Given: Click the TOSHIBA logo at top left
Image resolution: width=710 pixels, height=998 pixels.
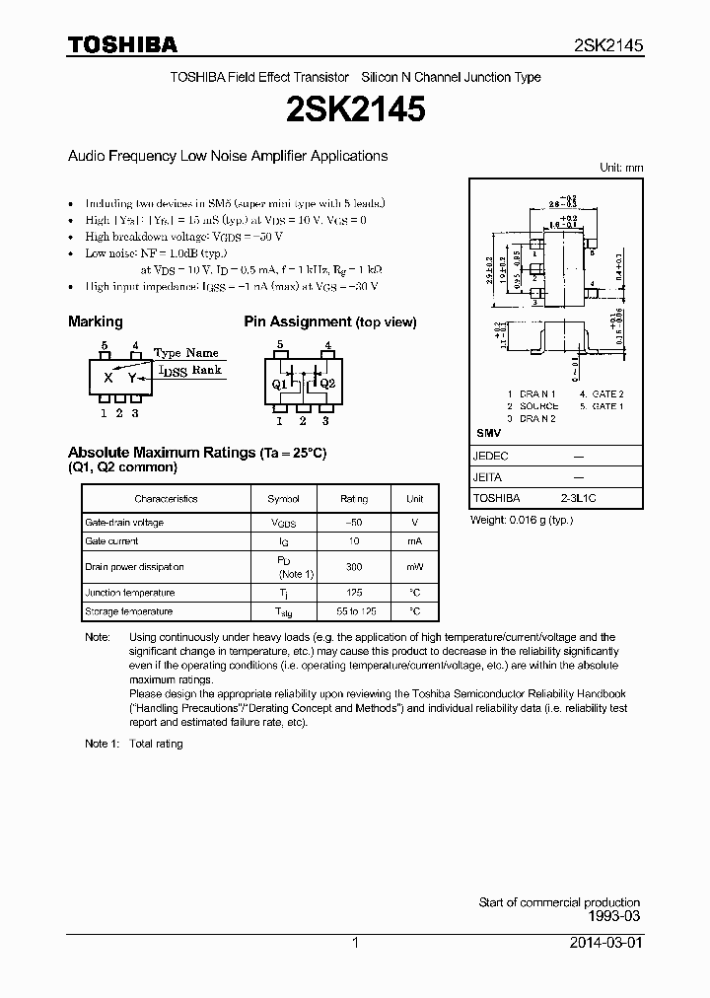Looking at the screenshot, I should click(122, 44).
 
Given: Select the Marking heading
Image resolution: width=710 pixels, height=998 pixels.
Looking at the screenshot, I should click(95, 321).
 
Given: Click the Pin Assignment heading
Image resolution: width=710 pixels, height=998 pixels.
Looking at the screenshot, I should click(329, 321).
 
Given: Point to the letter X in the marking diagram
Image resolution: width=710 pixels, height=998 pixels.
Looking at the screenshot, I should click(108, 378).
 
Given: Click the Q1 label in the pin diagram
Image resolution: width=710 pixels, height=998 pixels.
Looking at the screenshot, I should click(279, 384).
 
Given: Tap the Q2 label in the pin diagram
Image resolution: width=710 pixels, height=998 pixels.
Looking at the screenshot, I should click(328, 384).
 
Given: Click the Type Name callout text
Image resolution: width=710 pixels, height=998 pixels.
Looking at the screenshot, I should click(186, 352).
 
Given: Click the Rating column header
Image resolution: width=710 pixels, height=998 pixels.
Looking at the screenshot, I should click(354, 499).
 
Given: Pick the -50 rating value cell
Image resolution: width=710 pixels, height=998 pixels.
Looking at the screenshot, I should click(354, 523).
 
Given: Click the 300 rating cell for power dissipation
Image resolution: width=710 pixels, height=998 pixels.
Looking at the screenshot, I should click(354, 567).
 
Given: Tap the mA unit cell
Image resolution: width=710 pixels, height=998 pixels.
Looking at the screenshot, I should click(415, 541).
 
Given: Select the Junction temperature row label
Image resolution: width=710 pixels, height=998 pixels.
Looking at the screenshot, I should click(129, 593).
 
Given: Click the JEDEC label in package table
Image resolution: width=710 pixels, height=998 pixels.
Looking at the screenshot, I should click(491, 457).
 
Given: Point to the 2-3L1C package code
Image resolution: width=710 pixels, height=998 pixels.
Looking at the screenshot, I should click(578, 498).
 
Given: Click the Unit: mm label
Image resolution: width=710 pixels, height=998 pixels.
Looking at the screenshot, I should click(621, 168).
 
